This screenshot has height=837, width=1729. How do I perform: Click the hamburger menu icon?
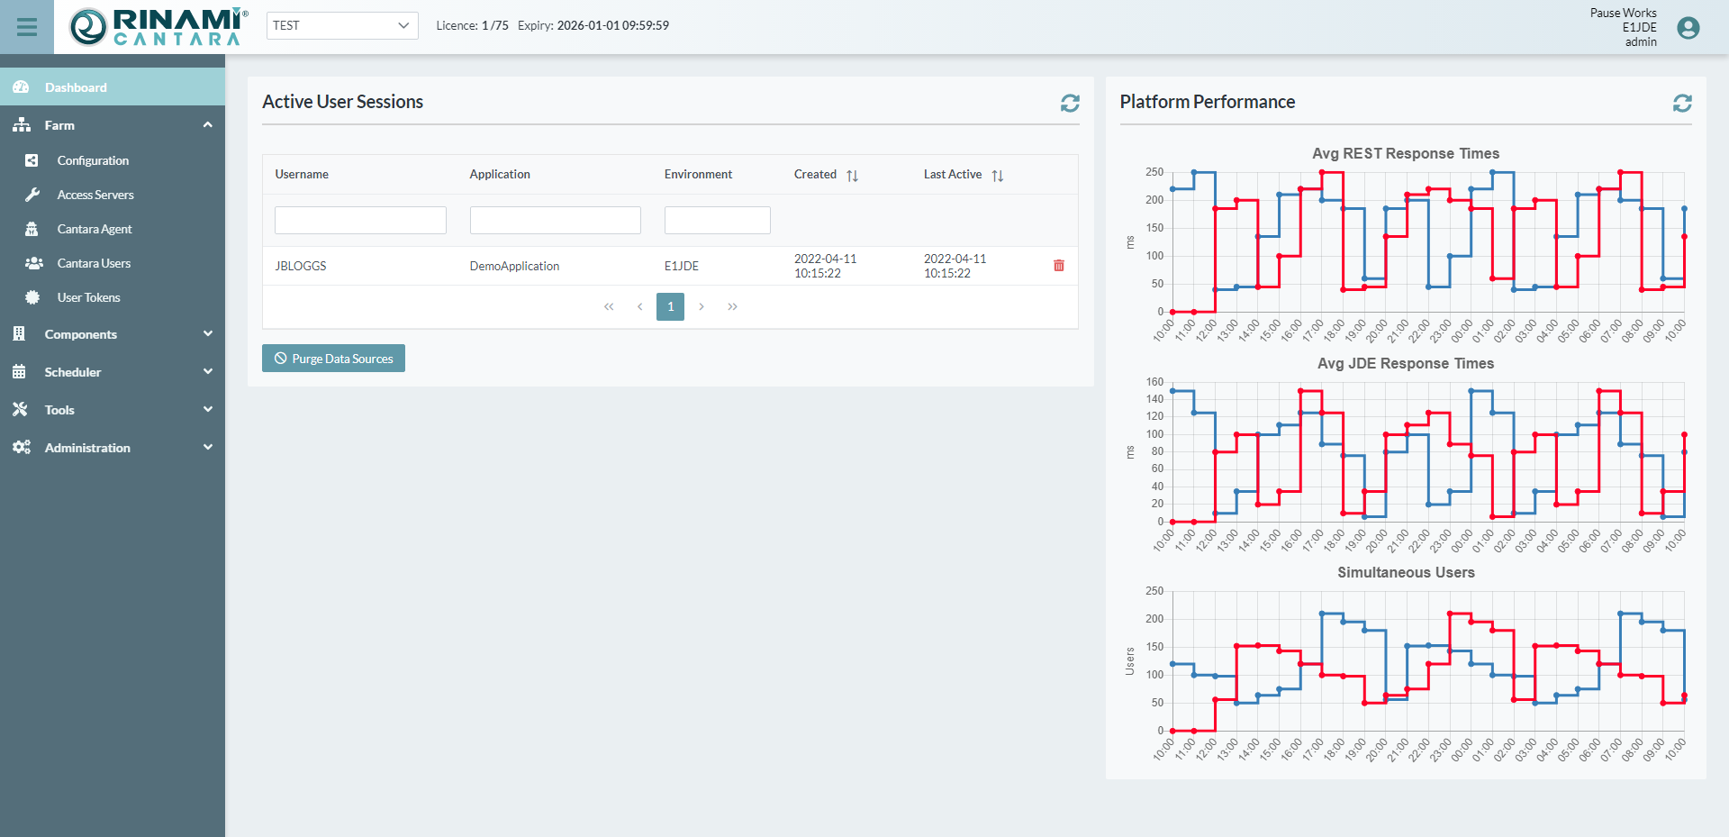tap(27, 27)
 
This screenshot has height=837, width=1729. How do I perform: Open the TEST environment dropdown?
tap(342, 25)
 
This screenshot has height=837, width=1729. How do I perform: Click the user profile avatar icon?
tap(1688, 28)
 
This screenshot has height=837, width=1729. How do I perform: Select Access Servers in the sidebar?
tap(95, 195)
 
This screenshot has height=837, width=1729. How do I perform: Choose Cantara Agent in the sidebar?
tap(95, 229)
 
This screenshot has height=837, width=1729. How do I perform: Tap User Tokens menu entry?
tap(88, 297)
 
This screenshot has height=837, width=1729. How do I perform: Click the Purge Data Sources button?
tap(333, 359)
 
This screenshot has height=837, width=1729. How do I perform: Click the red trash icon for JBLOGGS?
tap(1059, 266)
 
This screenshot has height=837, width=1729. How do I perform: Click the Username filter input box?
tap(360, 221)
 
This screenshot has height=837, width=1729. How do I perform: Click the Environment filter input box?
tap(717, 221)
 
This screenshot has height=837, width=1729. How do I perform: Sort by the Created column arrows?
tap(852, 176)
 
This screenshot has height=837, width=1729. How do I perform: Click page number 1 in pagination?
tap(670, 307)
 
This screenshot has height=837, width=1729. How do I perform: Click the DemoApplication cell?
tap(514, 266)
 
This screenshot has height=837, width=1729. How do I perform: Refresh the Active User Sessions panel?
tap(1070, 104)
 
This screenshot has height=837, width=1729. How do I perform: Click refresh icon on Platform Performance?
tap(1682, 104)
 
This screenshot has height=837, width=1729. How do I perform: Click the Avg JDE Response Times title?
tap(1405, 363)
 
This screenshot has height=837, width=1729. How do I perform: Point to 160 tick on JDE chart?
tap(1154, 382)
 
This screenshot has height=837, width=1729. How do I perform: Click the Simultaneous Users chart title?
tap(1405, 572)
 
